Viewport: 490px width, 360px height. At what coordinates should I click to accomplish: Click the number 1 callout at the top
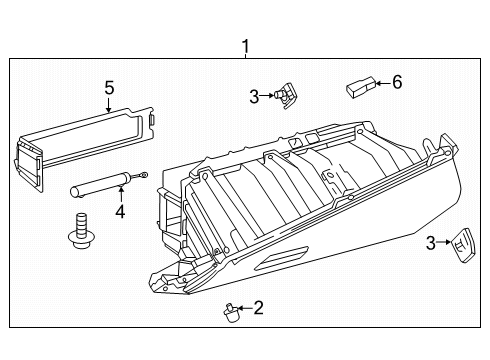(243, 44)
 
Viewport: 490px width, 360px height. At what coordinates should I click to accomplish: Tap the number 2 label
(257, 308)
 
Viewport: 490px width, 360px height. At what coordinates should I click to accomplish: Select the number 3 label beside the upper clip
(255, 96)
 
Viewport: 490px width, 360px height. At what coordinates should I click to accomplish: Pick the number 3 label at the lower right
(431, 242)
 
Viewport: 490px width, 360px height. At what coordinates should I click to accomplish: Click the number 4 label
(120, 211)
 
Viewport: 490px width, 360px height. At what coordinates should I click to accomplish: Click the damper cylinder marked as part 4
(96, 186)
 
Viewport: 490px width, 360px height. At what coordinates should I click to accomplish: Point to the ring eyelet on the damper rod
(146, 176)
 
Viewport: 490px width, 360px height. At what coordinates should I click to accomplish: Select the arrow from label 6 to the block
(380, 84)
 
